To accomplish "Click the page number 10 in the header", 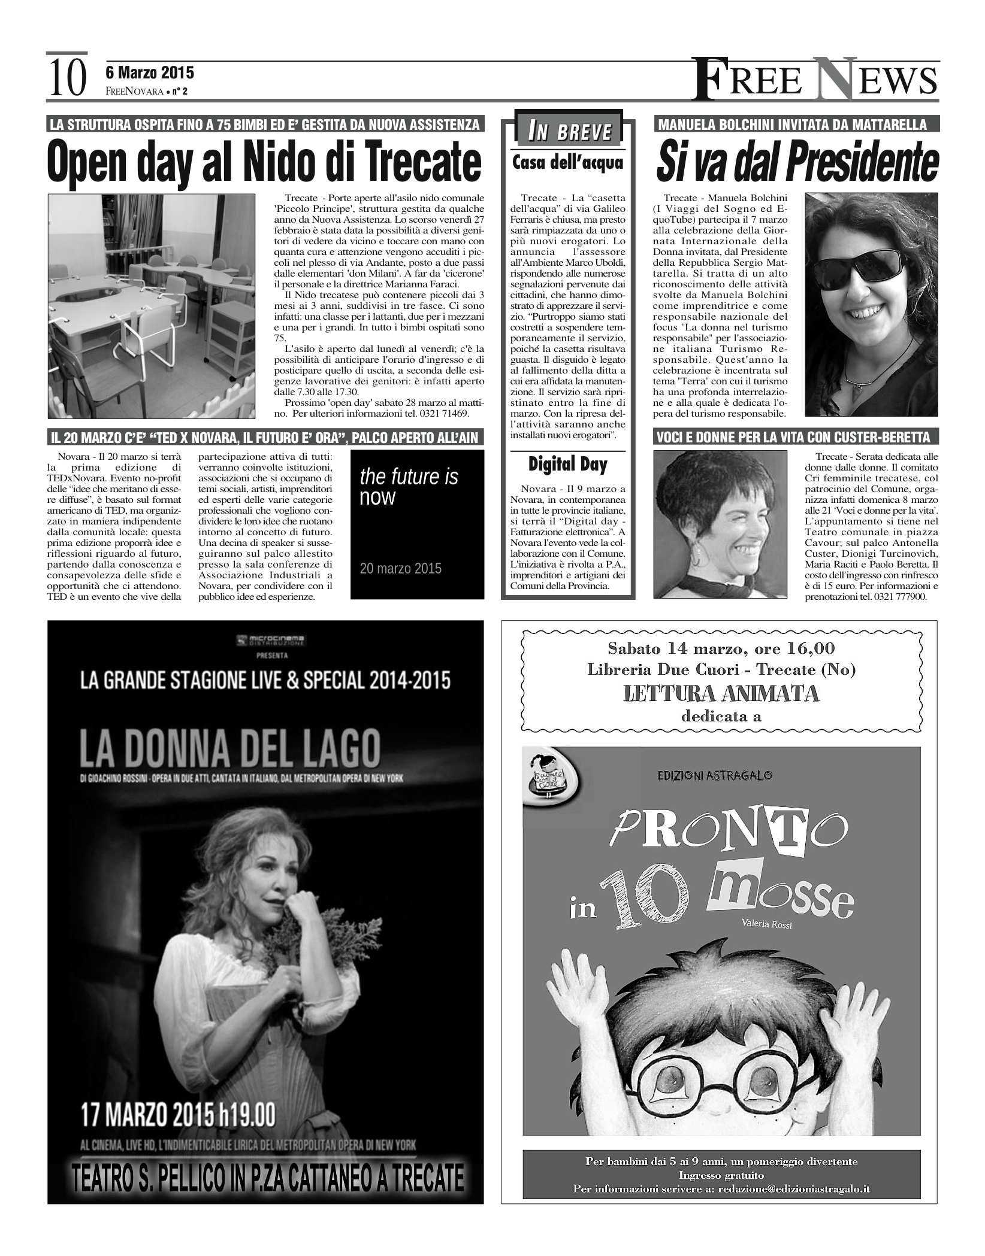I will point(66,78).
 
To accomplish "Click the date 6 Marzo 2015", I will point(150,72).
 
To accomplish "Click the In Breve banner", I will point(568,131).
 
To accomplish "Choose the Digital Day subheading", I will point(568,464).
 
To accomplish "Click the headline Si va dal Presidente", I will point(797,162).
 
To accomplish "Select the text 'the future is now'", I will point(409,486).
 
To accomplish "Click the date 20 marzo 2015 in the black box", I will point(400,568).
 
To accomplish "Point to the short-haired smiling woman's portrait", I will point(720,524).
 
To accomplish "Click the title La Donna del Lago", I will point(231,748).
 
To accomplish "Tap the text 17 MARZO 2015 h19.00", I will point(179,1115).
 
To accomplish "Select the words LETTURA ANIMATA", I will point(721,693).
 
